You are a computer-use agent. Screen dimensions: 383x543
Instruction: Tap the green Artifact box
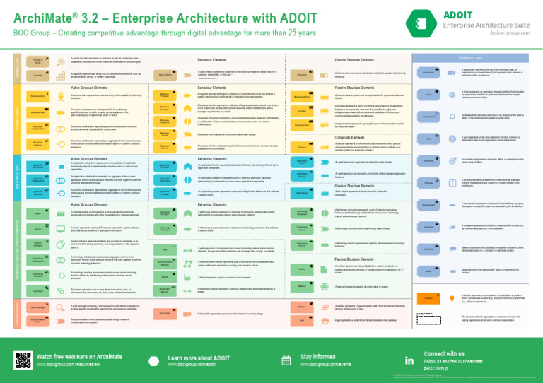point(302,269)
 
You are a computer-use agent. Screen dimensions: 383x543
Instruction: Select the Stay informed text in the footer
point(318,358)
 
